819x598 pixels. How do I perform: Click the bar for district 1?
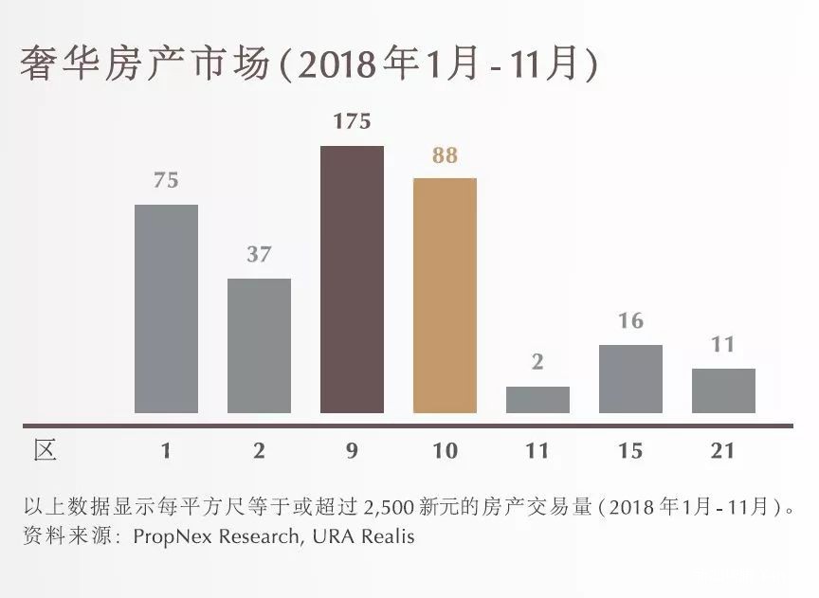pyautogui.click(x=166, y=308)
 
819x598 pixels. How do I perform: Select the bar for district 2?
pyautogui.click(x=259, y=345)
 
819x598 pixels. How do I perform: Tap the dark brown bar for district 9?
pyautogui.click(x=352, y=279)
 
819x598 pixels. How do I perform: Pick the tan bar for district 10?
pyautogui.click(x=445, y=295)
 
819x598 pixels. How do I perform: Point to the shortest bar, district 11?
pyautogui.click(x=537, y=399)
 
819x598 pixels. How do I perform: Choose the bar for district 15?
pyautogui.click(x=630, y=378)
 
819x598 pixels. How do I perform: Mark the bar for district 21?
pyautogui.click(x=723, y=390)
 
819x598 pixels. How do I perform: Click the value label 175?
pyautogui.click(x=352, y=122)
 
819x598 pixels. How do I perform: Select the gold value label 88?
pyautogui.click(x=445, y=155)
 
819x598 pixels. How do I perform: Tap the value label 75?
pyautogui.click(x=166, y=180)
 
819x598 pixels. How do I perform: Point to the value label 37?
pyautogui.click(x=259, y=254)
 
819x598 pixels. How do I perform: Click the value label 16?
pyautogui.click(x=630, y=321)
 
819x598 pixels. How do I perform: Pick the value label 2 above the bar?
pyautogui.click(x=537, y=363)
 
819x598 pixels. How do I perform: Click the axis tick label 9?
pyautogui.click(x=352, y=451)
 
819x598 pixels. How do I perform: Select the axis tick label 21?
pyautogui.click(x=723, y=451)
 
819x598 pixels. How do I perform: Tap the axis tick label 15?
pyautogui.click(x=630, y=451)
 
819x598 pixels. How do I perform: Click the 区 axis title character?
pyautogui.click(x=45, y=450)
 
